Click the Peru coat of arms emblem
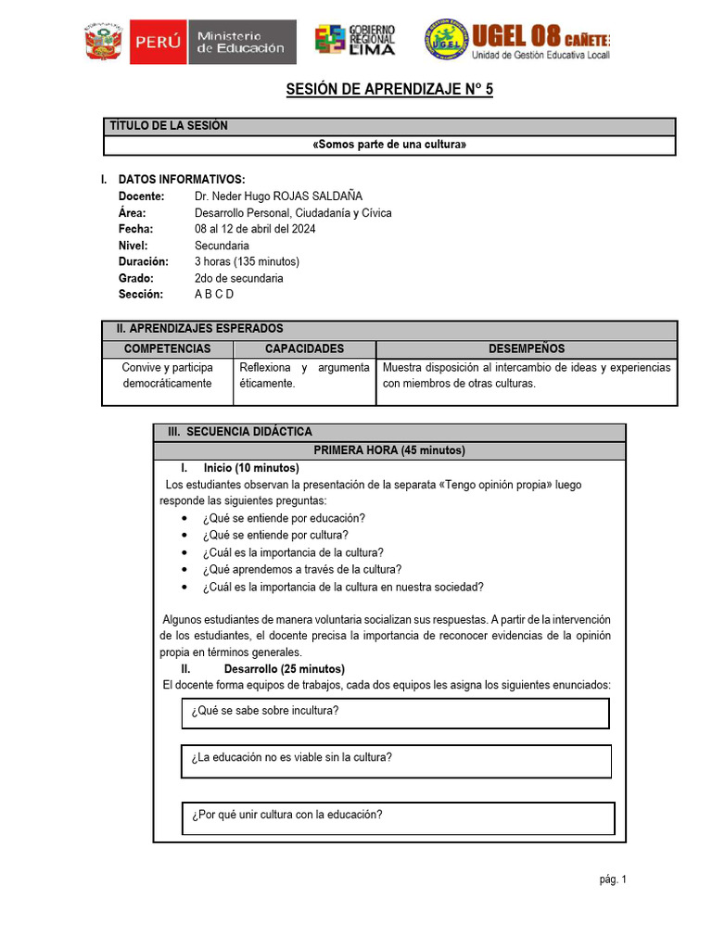(x=105, y=43)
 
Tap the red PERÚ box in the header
(x=159, y=43)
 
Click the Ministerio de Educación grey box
(x=241, y=43)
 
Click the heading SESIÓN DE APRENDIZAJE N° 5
(x=389, y=90)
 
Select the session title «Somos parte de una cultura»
(x=389, y=146)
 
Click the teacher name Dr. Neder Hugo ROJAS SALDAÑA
(x=279, y=196)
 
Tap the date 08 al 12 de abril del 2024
(x=255, y=229)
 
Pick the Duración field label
(x=144, y=261)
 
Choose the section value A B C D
(x=214, y=294)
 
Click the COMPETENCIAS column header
(x=167, y=348)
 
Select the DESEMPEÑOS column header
(x=526, y=348)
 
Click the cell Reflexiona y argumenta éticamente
(x=304, y=375)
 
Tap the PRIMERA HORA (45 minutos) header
(x=389, y=450)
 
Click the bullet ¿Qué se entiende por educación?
(x=284, y=518)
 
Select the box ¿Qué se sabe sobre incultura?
(x=395, y=713)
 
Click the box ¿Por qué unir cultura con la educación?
(x=398, y=816)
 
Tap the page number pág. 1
(x=613, y=879)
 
